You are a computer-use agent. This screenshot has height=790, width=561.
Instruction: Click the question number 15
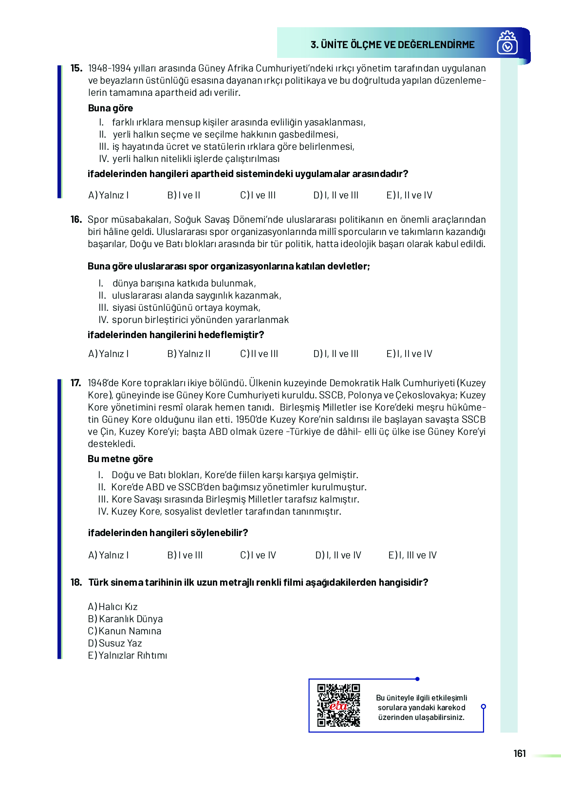[76, 69]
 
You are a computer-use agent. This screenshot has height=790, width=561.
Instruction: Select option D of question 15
[336, 196]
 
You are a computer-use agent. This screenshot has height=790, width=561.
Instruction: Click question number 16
[76, 220]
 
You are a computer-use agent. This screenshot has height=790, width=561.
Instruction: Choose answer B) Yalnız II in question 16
[188, 354]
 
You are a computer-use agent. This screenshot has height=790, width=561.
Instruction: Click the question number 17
[76, 383]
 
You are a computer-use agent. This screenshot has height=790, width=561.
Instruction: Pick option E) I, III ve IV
[412, 556]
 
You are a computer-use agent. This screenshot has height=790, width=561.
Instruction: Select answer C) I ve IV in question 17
[258, 556]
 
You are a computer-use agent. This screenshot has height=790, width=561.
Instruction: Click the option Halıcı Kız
[112, 607]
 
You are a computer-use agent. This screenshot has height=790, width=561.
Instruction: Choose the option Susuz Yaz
[115, 644]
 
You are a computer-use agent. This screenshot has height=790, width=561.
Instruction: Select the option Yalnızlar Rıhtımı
[127, 656]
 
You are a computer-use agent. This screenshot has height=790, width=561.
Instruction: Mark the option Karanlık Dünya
[125, 619]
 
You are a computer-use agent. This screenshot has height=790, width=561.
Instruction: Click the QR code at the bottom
[338, 705]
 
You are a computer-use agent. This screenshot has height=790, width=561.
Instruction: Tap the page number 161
[520, 754]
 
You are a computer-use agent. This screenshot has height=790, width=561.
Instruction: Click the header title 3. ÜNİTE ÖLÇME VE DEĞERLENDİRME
[393, 45]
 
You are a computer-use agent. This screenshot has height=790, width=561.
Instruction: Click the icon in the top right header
[507, 43]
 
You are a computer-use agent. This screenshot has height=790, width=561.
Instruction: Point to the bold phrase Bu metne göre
[120, 459]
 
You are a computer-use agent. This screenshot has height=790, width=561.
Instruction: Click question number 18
[76, 583]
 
